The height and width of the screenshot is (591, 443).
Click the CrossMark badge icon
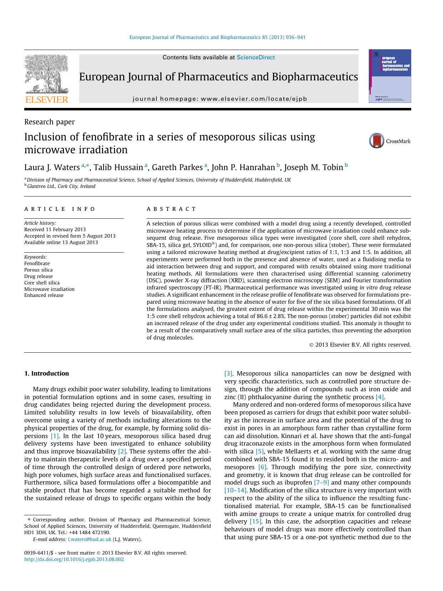coord(377,141)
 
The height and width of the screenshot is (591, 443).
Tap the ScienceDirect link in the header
coord(256,57)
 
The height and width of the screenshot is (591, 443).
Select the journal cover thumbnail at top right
coord(390,76)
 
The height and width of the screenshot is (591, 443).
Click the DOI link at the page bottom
coord(74,559)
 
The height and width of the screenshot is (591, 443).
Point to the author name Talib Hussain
coord(118,167)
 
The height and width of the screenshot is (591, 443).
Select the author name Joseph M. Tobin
coord(313,167)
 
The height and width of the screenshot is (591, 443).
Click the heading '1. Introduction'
coord(46,373)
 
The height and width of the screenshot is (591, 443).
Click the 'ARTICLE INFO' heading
coord(60,209)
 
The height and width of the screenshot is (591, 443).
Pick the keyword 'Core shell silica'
coord(42,283)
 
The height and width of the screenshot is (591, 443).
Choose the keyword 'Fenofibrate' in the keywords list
coord(37,263)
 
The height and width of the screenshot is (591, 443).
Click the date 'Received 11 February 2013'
coord(55,229)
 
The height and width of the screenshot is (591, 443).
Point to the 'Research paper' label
coord(49,122)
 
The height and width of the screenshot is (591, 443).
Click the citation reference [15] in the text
coord(256,521)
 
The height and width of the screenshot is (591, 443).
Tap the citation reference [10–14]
coord(235,490)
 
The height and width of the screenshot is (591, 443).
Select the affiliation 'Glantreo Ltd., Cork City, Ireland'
coord(61,186)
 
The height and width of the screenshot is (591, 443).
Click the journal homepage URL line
coord(220,99)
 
